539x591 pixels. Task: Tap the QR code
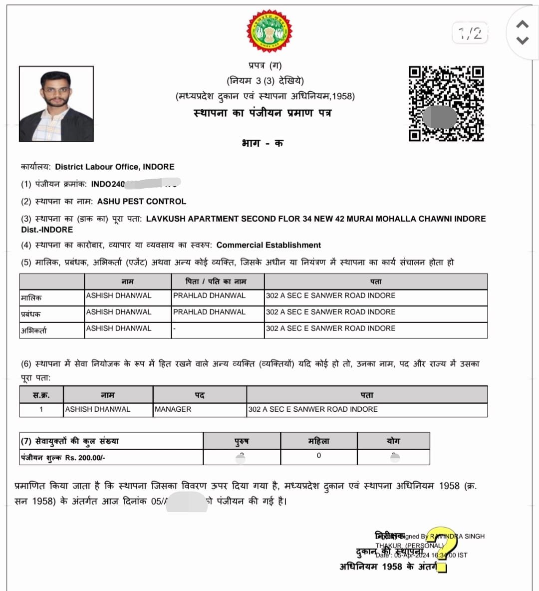[446, 103]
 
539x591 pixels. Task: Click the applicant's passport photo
[56, 104]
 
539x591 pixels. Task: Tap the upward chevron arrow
[522, 24]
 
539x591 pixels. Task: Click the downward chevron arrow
[522, 40]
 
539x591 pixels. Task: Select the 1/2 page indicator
[470, 33]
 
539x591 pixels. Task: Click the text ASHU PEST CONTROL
[142, 201]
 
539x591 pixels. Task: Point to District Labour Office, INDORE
[115, 167]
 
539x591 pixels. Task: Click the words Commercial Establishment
[269, 245]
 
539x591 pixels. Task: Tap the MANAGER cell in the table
[173, 409]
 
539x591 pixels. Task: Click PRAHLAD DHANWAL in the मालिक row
[209, 295]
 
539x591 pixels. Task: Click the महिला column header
[318, 441]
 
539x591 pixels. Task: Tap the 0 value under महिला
[319, 456]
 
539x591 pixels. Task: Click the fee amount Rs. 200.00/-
[85, 458]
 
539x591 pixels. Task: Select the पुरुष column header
[242, 441]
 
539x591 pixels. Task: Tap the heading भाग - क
[263, 143]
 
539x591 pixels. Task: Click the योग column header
[393, 441]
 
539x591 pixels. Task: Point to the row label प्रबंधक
[31, 314]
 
